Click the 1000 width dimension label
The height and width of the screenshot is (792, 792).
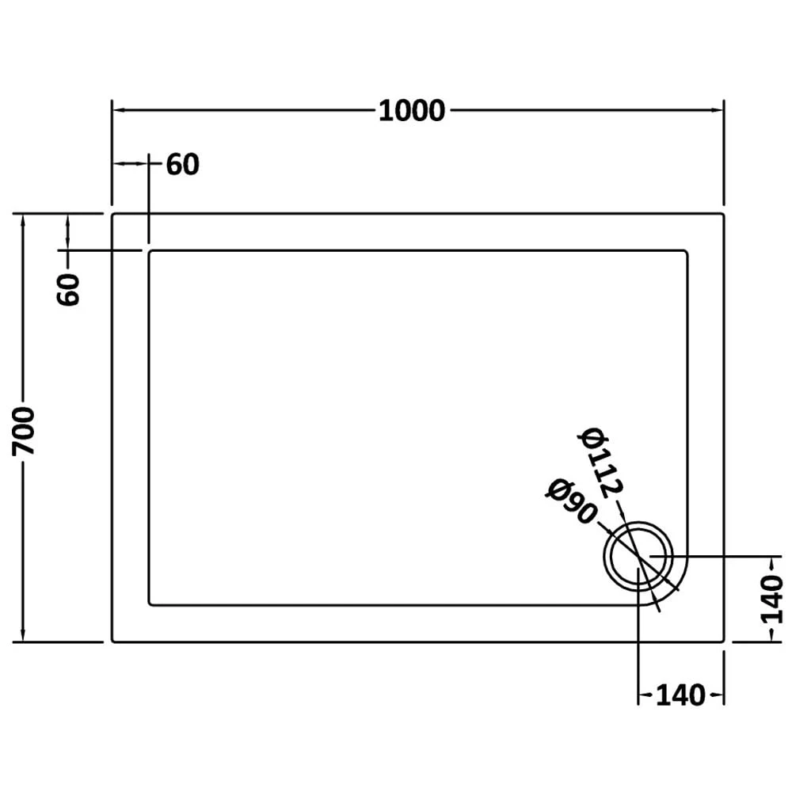pyautogui.click(x=412, y=111)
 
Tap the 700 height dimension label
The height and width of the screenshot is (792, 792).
pyautogui.click(x=24, y=430)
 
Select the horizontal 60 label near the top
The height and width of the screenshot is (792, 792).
pyautogui.click(x=182, y=164)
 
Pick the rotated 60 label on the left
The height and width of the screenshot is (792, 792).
pyautogui.click(x=68, y=289)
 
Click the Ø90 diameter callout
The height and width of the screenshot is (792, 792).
pyautogui.click(x=571, y=501)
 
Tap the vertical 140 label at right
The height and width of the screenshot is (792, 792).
pyautogui.click(x=771, y=599)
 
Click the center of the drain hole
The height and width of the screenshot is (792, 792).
pyautogui.click(x=638, y=556)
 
